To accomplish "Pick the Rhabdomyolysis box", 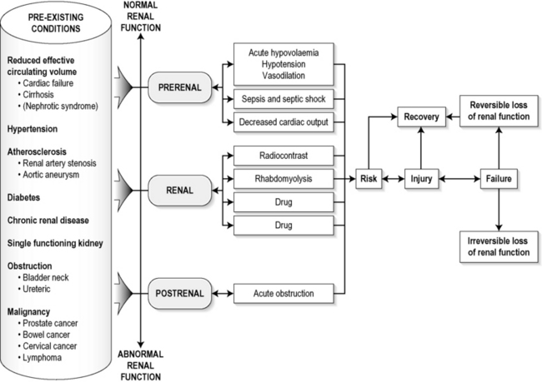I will (x=284, y=178).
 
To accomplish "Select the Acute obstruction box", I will (x=284, y=293).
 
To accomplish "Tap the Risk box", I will (x=369, y=178).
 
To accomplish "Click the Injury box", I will (x=421, y=178).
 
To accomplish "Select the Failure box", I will (x=498, y=178).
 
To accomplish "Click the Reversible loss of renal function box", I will (x=498, y=107).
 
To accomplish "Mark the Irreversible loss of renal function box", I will (x=498, y=247).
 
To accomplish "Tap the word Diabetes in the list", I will (x=28, y=197).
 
